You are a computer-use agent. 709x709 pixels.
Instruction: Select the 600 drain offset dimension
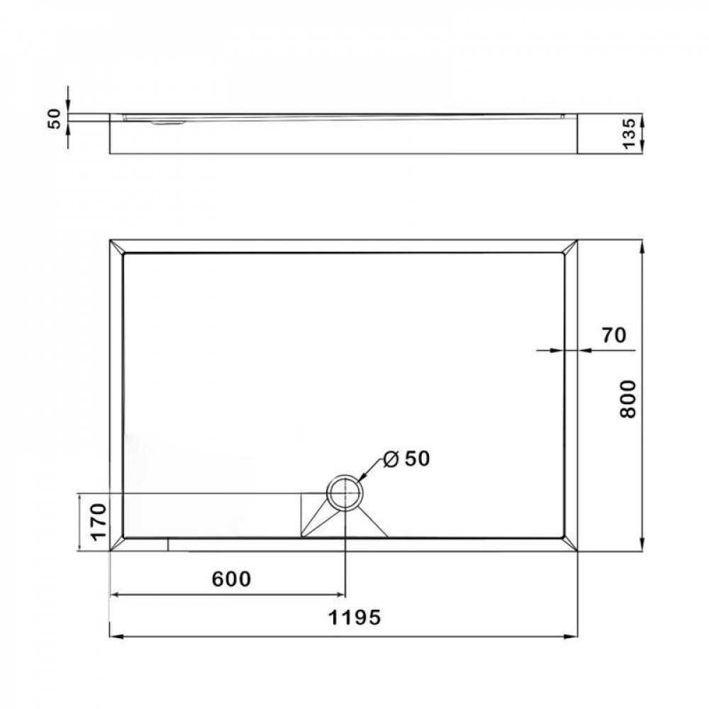point(232,579)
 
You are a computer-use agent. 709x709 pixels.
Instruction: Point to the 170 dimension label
point(96,521)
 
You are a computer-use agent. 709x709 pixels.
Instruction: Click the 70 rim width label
point(614,335)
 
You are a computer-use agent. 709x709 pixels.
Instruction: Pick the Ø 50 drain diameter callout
point(407,459)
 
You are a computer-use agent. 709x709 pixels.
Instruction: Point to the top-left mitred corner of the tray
point(117,247)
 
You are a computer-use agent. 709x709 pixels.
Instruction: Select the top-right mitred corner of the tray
point(570,247)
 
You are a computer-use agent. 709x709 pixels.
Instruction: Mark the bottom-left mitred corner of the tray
point(117,544)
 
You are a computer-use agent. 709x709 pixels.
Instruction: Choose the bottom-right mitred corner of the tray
point(570,544)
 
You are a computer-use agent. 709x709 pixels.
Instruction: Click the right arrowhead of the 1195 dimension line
point(571,637)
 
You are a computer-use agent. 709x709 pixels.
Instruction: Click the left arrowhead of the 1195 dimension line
point(116,637)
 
